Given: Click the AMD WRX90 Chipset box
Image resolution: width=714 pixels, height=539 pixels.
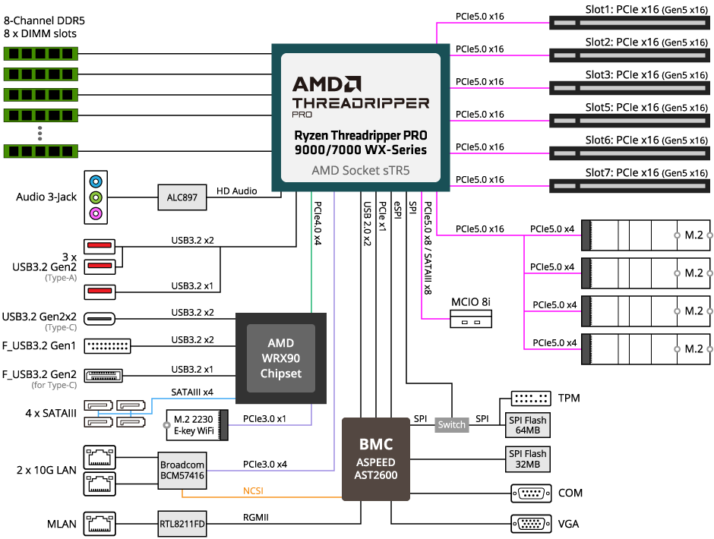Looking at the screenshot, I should click(281, 358).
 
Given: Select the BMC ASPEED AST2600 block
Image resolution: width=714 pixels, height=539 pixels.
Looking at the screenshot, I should click(376, 459).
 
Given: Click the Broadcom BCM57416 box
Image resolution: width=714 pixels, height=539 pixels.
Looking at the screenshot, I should click(182, 469).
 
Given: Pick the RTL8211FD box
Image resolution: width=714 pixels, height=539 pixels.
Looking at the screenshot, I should click(182, 524).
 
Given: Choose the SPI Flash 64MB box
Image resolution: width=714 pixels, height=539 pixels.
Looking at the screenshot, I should click(528, 425).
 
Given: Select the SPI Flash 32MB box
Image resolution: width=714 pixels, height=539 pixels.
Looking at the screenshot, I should click(528, 459).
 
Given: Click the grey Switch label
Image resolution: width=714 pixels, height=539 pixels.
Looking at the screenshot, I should click(451, 425).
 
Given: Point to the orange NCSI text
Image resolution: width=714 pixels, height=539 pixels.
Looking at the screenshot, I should click(253, 491).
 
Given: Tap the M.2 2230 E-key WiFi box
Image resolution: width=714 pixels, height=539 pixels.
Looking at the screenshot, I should click(194, 425).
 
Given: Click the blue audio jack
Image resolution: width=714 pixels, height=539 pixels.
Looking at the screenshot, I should click(96, 182).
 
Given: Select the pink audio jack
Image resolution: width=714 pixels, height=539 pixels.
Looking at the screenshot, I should click(96, 213).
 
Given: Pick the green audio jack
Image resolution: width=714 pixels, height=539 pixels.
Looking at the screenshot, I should click(96, 197).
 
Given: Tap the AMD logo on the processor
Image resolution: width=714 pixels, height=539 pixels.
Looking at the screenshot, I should click(327, 84).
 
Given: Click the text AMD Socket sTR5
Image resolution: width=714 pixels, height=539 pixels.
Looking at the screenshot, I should click(361, 170).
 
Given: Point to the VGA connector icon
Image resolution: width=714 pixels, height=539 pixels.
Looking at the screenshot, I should click(532, 523).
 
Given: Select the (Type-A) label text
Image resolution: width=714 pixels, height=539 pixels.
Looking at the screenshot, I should click(61, 279).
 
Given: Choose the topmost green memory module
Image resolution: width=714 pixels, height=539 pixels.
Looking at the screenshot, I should click(41, 54).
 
